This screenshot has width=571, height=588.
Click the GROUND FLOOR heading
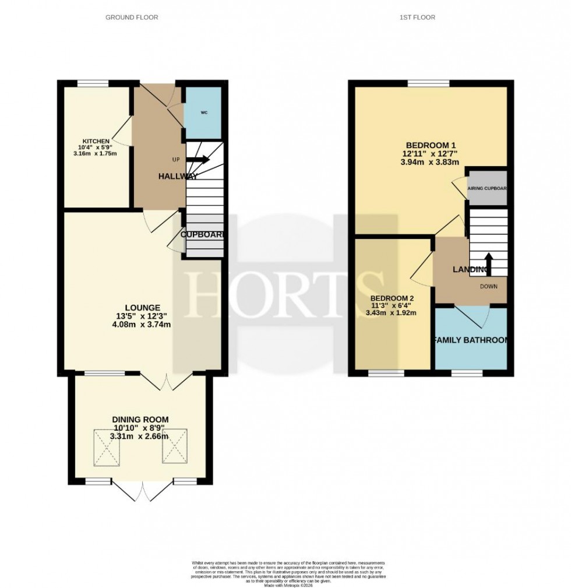pyautogui.click(x=131, y=17)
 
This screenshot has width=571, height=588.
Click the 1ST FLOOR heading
pyautogui.click(x=417, y=17)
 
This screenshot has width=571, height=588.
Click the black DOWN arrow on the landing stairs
pyautogui.click(x=488, y=263)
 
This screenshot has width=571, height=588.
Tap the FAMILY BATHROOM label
pyautogui.click(x=470, y=340)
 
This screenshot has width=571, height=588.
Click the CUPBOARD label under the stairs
pyautogui.click(x=202, y=234)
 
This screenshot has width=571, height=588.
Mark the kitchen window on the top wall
pyautogui.click(x=93, y=83)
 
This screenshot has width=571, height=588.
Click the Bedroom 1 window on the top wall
pyautogui.click(x=428, y=83)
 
